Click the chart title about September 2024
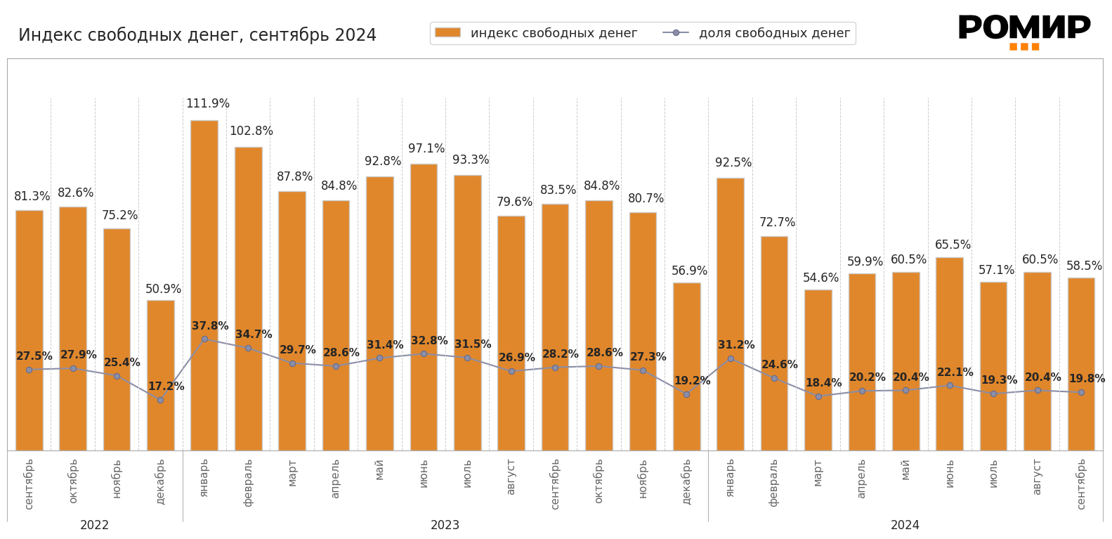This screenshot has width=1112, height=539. tap(197, 35)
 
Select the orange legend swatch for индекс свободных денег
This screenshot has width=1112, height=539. tap(447, 32)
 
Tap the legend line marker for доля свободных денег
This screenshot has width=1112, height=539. tap(676, 32)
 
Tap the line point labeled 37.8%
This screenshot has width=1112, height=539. tap(204, 339)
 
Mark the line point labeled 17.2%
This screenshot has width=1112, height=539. tap(160, 400)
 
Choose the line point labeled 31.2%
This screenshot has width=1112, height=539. tap(731, 358)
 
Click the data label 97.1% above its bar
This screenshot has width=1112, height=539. tap(426, 149)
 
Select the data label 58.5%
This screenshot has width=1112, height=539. tap(1084, 266)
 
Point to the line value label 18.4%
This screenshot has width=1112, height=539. tap(823, 383)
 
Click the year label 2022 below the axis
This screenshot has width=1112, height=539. tap(95, 526)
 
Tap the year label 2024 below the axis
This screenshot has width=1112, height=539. tap(905, 526)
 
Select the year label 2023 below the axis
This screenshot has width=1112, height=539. tap(445, 526)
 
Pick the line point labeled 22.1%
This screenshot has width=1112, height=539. tap(950, 385)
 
